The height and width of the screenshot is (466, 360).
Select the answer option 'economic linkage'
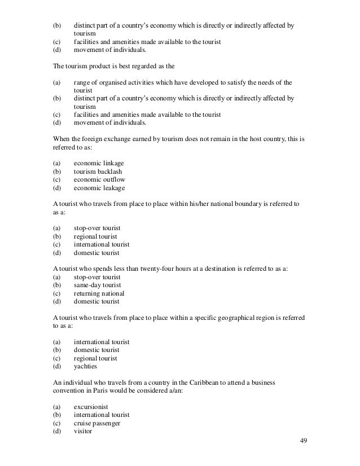tap(99, 163)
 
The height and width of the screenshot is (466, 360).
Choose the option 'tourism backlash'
tap(98, 172)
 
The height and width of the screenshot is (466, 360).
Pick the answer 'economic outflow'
tap(99, 179)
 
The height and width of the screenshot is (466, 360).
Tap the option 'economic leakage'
tap(99, 188)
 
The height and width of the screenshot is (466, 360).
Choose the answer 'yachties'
tap(85, 366)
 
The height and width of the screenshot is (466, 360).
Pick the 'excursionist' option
tap(91, 407)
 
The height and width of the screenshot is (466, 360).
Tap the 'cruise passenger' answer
tap(97, 423)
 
